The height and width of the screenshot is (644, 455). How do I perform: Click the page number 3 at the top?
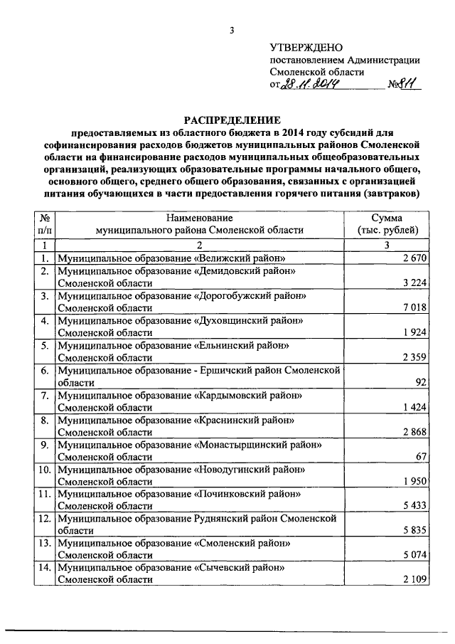point(231,30)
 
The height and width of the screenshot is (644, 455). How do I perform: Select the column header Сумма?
point(387,218)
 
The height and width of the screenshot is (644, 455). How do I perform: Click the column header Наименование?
point(200,218)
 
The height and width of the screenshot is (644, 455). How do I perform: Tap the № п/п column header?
point(44,223)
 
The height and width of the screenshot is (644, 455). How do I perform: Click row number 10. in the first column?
point(44,470)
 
